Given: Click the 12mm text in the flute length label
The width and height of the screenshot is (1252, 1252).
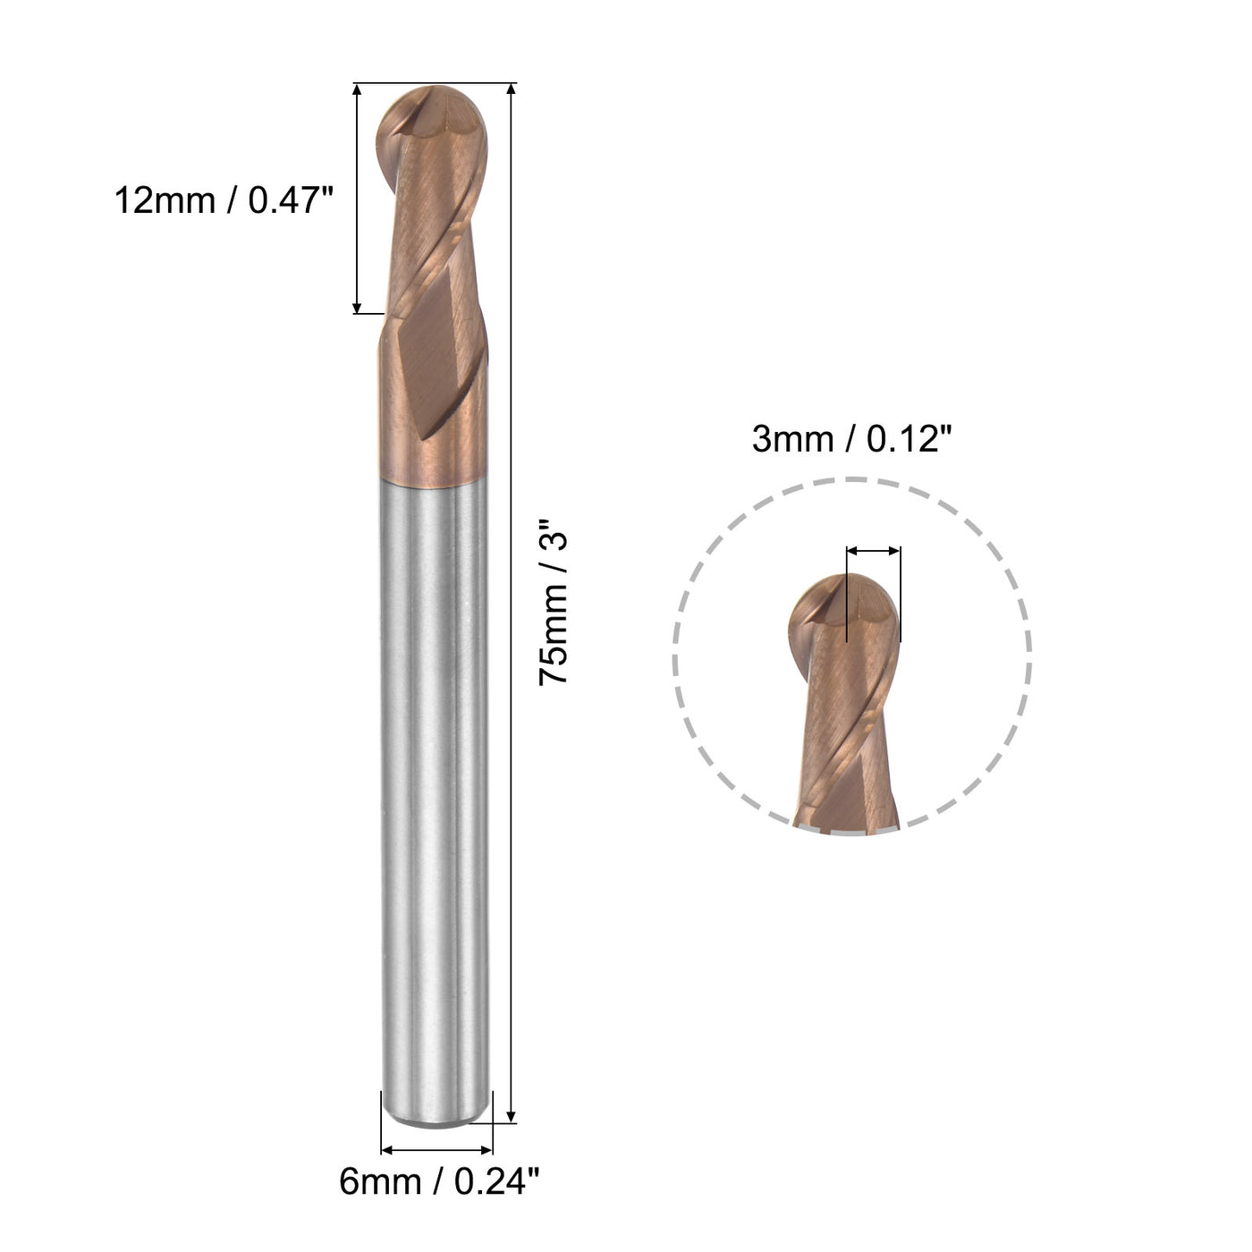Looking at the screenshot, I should [x=165, y=200].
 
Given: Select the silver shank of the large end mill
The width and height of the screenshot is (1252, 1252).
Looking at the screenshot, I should [x=436, y=787].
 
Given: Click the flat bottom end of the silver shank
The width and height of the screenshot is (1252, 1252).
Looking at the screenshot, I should [x=436, y=1119].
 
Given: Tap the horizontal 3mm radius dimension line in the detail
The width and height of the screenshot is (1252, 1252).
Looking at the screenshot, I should [x=873, y=551].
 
